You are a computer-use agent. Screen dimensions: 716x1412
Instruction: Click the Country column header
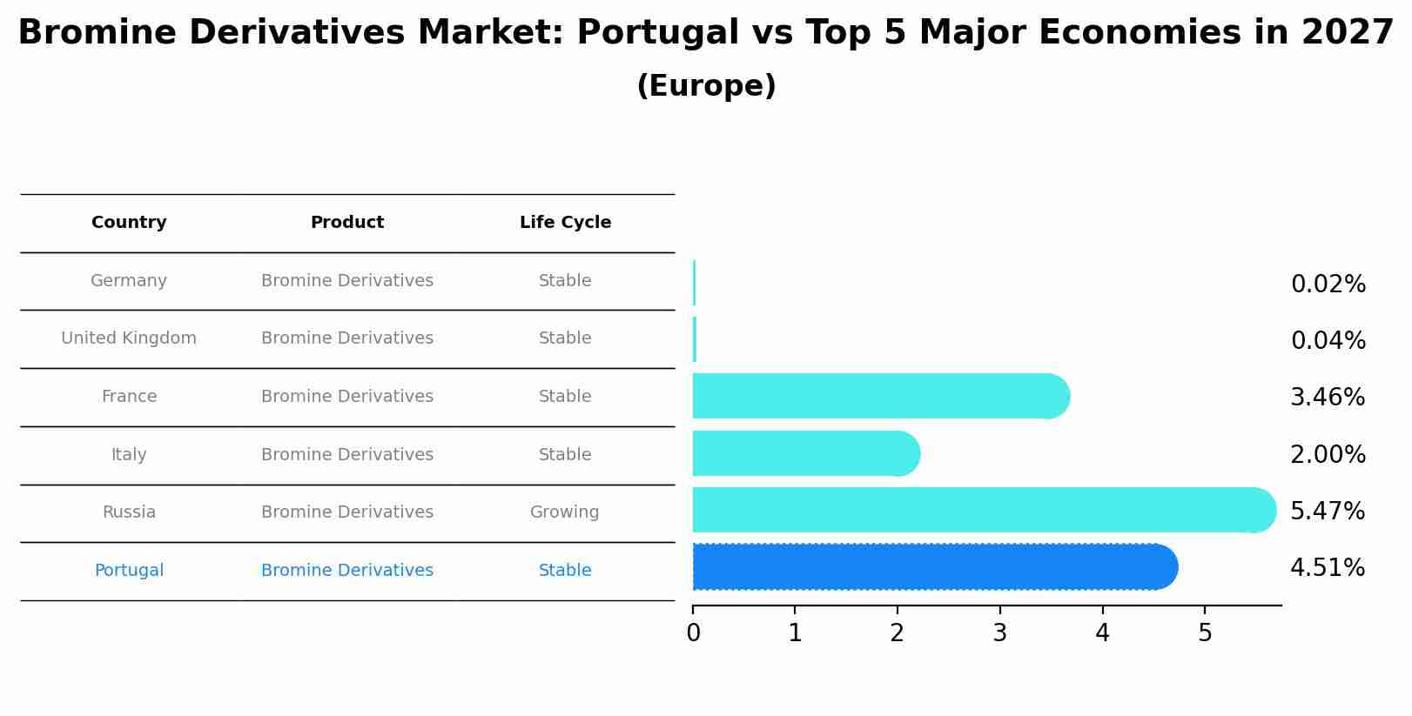tap(129, 223)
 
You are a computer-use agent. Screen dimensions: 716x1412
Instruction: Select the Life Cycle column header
tap(565, 223)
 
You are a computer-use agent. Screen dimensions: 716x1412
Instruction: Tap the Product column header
tap(346, 223)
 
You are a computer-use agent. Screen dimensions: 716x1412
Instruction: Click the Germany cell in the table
tap(129, 281)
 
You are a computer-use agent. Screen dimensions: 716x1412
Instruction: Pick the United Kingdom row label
tap(129, 338)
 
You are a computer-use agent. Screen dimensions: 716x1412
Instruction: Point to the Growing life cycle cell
tap(564, 512)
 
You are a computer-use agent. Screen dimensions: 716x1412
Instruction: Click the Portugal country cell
tap(129, 571)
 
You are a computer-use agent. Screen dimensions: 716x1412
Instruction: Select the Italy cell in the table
tap(129, 455)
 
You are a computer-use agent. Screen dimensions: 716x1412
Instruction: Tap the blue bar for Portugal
tap(931, 567)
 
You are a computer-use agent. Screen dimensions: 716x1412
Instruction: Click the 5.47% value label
tap(1328, 512)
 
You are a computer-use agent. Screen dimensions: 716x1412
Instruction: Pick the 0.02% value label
tap(1328, 284)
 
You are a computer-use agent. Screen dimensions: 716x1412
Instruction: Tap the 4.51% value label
tap(1328, 568)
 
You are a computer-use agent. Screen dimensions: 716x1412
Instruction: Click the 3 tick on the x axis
tap(999, 633)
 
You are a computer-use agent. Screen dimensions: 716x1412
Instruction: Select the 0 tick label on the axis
tap(693, 633)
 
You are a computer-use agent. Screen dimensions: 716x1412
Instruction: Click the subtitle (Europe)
tap(706, 86)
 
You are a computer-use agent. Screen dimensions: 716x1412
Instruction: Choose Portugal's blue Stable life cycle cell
tap(565, 571)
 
